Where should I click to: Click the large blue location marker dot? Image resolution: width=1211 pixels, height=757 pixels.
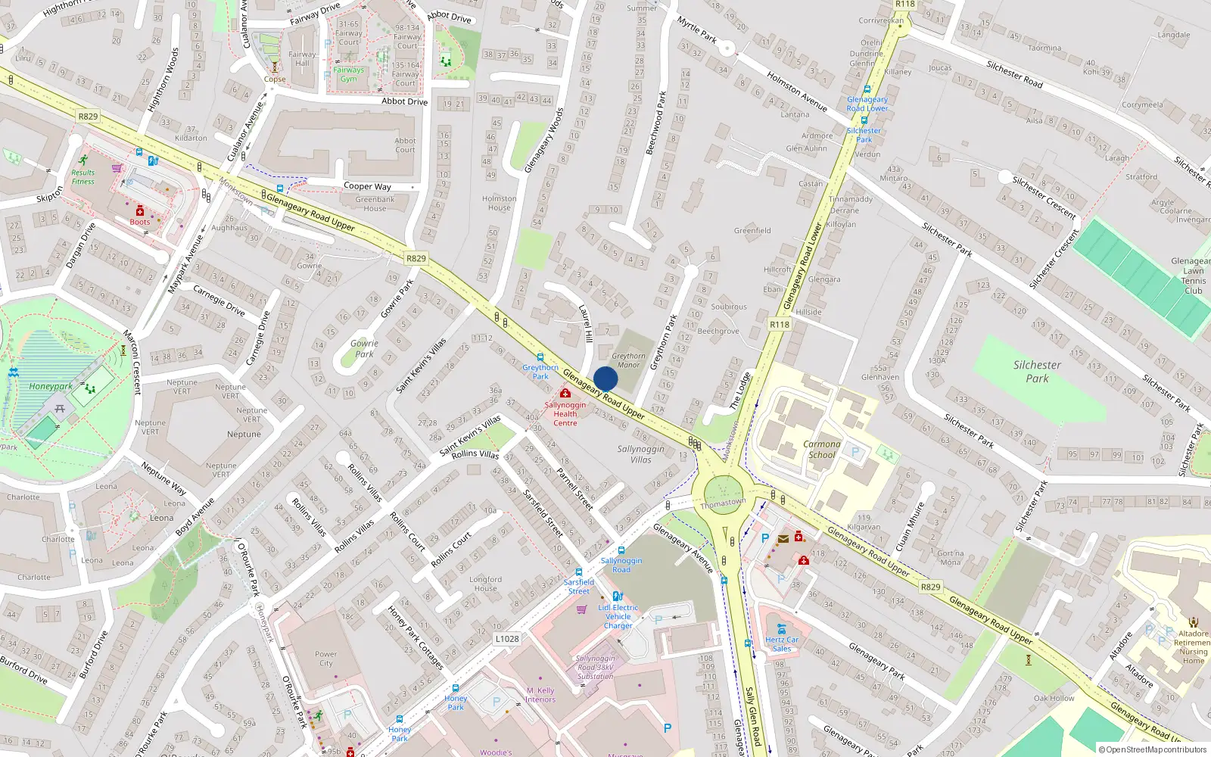click(605, 379)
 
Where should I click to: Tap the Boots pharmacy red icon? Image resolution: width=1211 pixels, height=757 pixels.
click(140, 211)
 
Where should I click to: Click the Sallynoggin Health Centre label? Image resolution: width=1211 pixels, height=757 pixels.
click(565, 413)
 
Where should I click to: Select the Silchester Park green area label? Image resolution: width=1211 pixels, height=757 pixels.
click(1037, 371)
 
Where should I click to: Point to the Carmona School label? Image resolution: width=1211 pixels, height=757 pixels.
click(821, 450)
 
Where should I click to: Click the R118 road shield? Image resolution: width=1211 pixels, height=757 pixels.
click(780, 324)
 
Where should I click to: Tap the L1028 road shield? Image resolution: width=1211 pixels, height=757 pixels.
click(507, 638)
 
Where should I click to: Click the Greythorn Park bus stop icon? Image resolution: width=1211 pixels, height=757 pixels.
click(540, 357)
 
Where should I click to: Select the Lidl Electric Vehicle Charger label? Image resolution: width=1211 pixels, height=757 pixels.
click(618, 616)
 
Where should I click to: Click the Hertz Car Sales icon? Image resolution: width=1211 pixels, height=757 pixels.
click(782, 629)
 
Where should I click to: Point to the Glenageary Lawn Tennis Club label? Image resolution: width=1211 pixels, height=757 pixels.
click(1192, 276)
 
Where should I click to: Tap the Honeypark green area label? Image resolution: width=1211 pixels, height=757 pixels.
click(51, 386)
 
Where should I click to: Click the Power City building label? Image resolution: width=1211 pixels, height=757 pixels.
click(326, 659)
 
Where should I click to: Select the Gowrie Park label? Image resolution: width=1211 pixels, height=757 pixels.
click(364, 348)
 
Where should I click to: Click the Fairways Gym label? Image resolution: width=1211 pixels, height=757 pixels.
click(348, 74)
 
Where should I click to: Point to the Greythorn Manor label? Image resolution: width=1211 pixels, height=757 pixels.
click(628, 360)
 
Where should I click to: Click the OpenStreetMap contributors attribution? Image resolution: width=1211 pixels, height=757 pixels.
click(1152, 749)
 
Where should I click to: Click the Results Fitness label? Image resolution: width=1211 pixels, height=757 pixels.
click(83, 176)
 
